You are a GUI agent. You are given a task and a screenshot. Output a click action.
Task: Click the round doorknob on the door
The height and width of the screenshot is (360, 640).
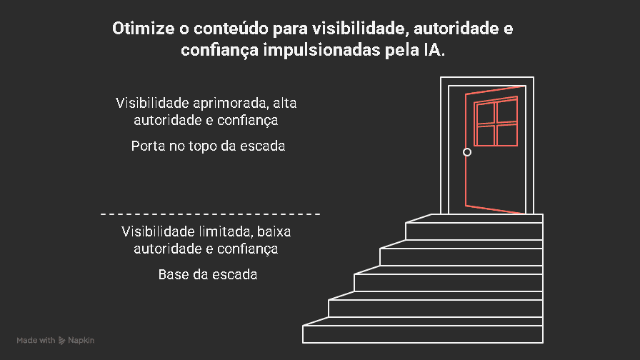click(467, 152)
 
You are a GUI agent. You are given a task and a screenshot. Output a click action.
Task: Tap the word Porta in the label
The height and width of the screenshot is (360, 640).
click(146, 146)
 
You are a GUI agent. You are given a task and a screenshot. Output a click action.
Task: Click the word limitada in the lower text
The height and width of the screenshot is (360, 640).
click(215, 231)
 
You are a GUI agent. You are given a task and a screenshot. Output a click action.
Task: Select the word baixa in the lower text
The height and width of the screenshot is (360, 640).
click(273, 231)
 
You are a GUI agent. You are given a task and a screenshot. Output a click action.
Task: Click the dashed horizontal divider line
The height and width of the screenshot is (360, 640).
click(210, 214)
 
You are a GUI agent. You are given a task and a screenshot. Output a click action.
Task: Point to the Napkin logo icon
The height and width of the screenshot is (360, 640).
click(63, 341)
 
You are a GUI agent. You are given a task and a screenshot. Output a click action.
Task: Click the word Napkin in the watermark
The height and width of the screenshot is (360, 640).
click(81, 341)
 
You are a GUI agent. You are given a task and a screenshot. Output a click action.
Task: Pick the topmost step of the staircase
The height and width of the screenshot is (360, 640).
click(474, 231)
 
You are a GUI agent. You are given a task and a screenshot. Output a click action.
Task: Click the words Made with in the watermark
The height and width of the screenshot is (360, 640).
click(36, 341)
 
